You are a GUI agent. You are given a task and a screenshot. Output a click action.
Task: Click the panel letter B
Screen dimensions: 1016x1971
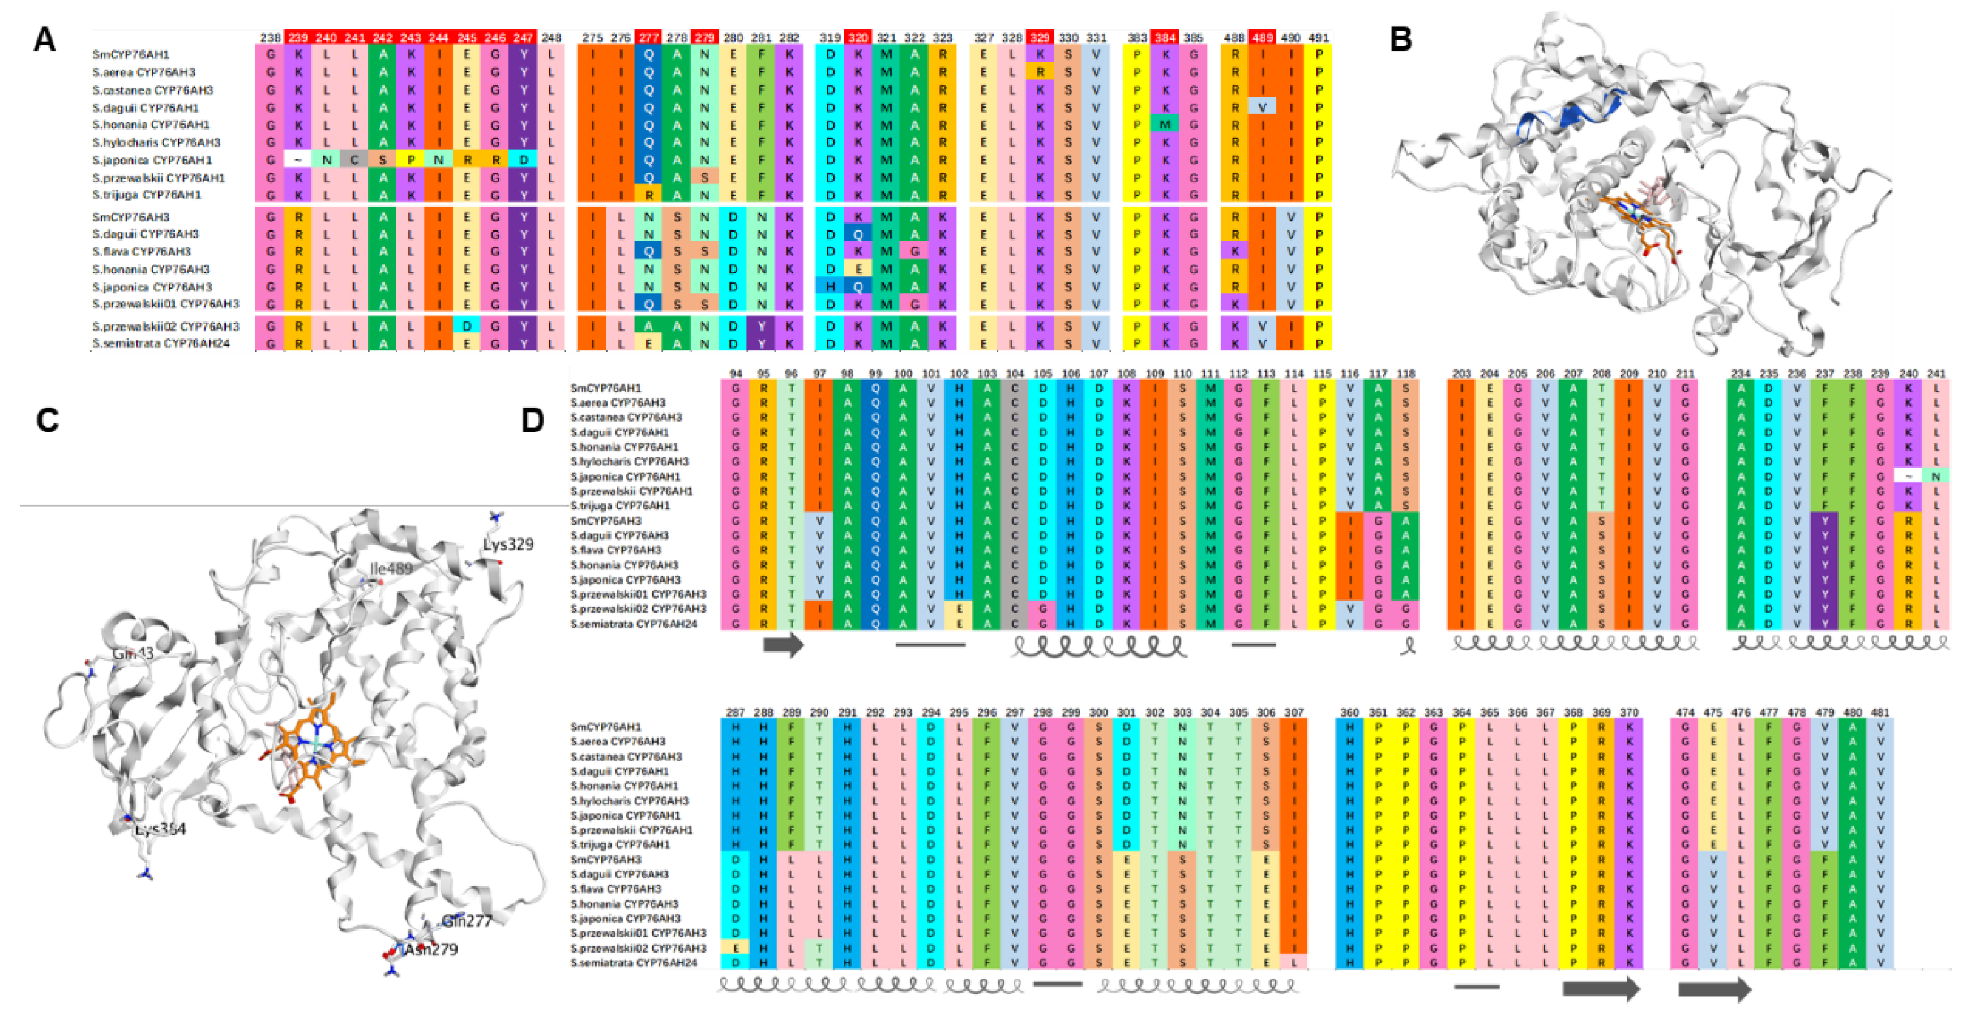click(1400, 39)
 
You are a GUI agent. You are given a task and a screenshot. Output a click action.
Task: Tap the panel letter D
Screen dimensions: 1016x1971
click(533, 421)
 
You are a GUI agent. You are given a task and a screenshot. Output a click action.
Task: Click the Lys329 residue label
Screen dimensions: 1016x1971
click(508, 544)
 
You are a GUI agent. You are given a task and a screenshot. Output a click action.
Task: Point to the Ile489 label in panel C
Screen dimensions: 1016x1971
click(391, 568)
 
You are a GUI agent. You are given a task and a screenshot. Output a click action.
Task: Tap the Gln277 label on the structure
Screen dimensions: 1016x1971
click(466, 920)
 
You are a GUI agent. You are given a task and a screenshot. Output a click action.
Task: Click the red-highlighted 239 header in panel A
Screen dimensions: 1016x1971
click(298, 37)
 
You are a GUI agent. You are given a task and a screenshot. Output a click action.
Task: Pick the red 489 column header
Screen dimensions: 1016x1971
click(1263, 37)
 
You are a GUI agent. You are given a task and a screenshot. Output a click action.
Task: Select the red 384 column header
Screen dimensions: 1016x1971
click(1165, 37)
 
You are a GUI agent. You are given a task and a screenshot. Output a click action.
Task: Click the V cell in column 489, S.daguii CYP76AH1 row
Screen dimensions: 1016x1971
click(1263, 107)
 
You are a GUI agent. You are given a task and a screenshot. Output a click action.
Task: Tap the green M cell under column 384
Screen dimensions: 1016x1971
click(1165, 125)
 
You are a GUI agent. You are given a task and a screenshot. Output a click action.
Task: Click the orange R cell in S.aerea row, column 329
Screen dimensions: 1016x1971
click(1041, 72)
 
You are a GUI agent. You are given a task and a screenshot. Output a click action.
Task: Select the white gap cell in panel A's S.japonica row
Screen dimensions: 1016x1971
click(298, 160)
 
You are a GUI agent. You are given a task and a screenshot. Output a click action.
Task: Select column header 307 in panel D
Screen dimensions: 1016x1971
click(1294, 712)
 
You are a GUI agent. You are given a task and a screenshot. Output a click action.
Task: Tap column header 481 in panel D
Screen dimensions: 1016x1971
click(1880, 712)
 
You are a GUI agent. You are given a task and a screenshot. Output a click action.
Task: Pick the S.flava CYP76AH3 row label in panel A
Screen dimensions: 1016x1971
click(142, 252)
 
